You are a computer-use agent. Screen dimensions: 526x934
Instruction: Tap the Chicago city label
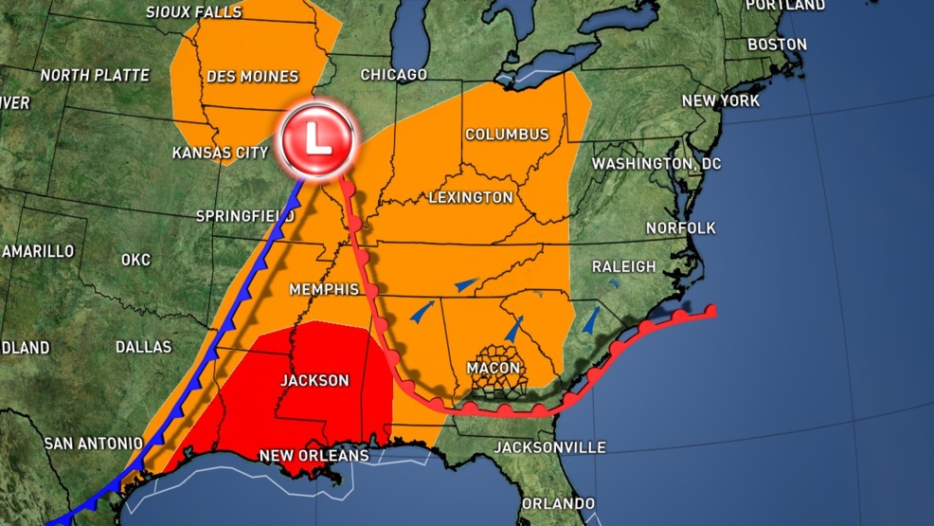point(393,75)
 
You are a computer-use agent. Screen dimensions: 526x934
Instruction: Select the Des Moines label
point(251,77)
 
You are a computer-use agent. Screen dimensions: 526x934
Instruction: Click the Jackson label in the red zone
point(314,381)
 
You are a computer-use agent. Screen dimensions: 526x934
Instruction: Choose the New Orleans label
point(314,456)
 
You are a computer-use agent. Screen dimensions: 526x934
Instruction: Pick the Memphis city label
point(325,289)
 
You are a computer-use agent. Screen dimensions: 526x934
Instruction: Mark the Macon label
point(493,368)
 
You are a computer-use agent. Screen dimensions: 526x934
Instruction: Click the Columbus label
point(507,135)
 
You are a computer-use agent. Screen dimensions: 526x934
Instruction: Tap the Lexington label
point(471,198)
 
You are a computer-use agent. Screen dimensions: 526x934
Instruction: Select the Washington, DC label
point(656,164)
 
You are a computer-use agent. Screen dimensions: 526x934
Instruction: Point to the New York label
point(721,101)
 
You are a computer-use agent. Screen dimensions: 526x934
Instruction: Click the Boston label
point(777,45)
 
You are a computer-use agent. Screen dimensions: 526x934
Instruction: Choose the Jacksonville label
point(549,447)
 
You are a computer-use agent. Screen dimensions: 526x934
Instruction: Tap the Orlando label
point(558,503)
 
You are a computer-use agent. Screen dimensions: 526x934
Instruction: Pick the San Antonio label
point(93,444)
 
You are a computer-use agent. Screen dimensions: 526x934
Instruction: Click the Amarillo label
point(38,251)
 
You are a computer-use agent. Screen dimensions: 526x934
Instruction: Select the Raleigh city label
point(623,266)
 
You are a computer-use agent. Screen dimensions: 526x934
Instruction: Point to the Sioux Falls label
point(194,12)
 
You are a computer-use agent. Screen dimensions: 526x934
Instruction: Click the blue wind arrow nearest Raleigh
point(592,320)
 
